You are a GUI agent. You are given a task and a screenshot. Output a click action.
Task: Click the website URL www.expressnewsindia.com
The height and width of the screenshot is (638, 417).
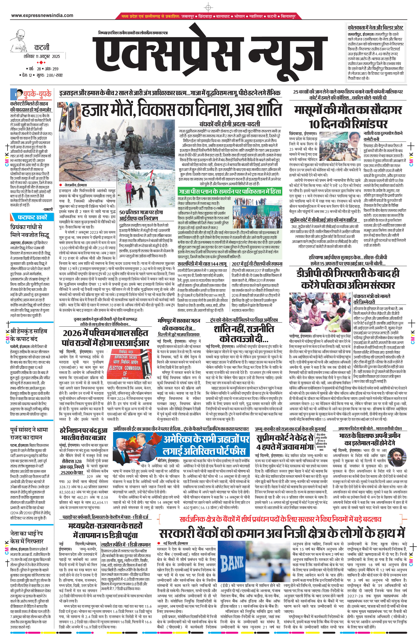coord(42,15)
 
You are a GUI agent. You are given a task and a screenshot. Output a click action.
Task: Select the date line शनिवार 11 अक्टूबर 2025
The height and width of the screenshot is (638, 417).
coord(42,56)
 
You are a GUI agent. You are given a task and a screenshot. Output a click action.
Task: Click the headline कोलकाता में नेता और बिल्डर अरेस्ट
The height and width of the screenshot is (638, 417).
coord(375,28)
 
